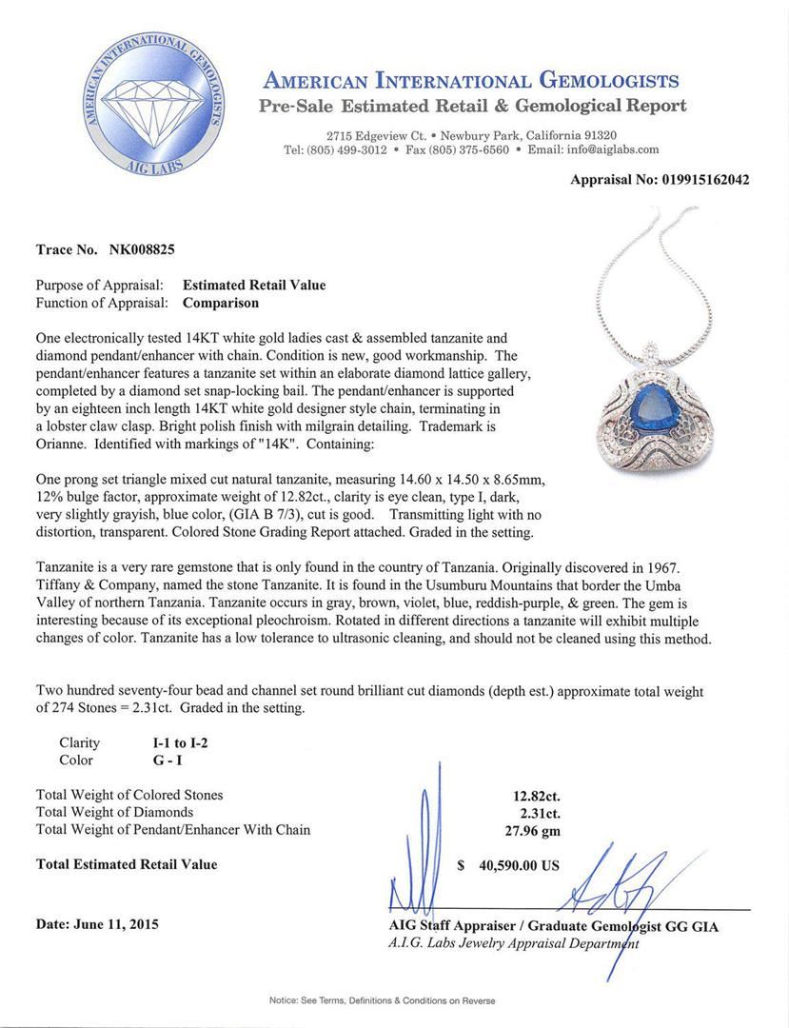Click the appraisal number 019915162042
(x=705, y=180)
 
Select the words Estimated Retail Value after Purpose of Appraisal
(x=254, y=285)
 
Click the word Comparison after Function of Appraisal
(x=221, y=303)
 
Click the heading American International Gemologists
(x=470, y=81)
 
